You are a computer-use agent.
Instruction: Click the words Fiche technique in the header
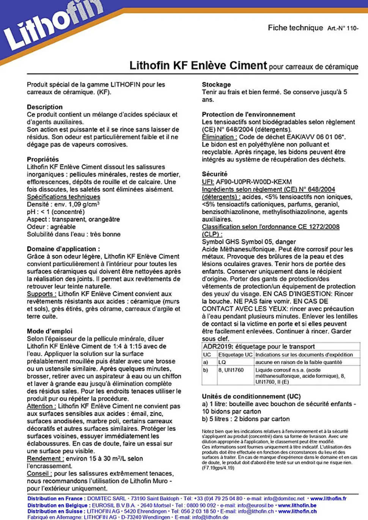click(295, 28)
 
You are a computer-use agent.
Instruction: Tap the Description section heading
click(45, 107)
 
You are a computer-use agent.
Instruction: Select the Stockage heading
click(216, 85)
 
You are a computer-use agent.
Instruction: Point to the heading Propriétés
click(43, 159)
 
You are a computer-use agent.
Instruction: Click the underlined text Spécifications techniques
click(63, 197)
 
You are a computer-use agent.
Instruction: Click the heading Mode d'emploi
click(50, 331)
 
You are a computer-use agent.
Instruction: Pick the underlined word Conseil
click(39, 474)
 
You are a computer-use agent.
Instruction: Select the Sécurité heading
click(215, 174)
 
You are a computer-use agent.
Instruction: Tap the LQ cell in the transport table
click(222, 362)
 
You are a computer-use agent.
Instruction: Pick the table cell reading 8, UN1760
click(231, 370)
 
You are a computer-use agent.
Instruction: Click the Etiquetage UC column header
click(235, 355)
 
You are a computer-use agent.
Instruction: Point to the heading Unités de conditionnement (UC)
click(251, 396)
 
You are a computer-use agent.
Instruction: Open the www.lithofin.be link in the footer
click(297, 505)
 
